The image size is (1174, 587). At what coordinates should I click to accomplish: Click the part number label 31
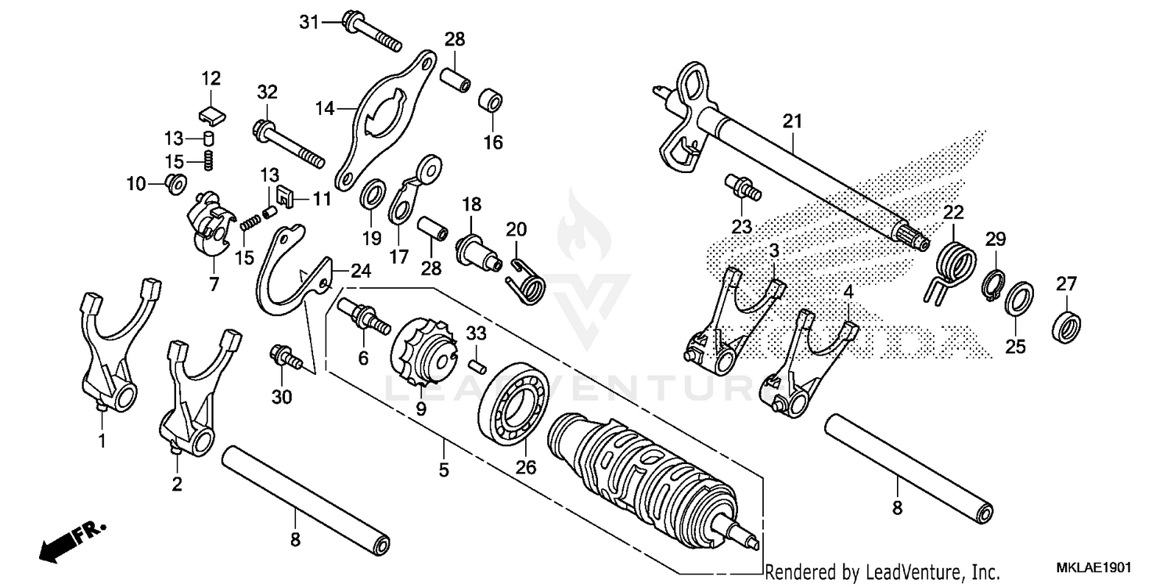[x=309, y=22]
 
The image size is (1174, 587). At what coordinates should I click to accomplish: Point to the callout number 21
[x=792, y=121]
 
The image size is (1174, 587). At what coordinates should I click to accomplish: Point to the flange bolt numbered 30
[x=286, y=358]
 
